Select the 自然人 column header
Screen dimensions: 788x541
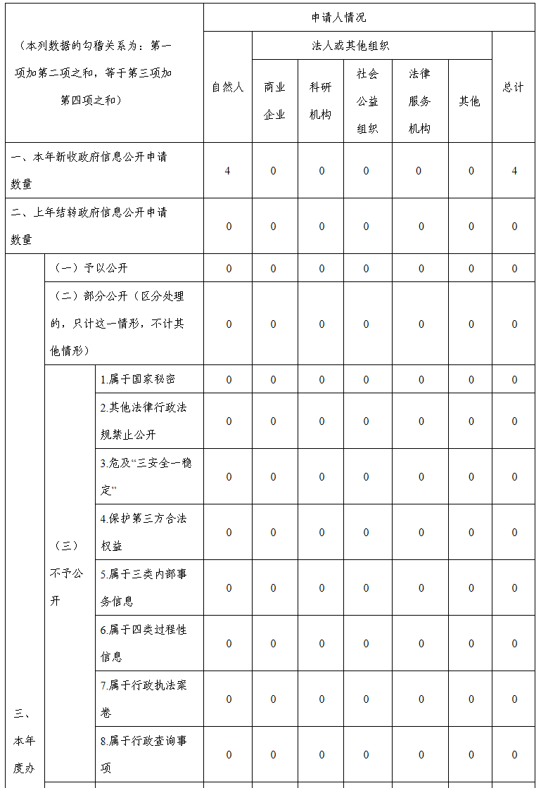coord(228,87)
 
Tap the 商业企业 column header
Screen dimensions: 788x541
coord(274,101)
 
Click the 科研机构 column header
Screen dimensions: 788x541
coord(320,101)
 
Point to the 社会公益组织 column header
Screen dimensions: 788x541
coord(367,101)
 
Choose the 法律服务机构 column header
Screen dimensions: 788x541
coord(419,101)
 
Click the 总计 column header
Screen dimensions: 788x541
coord(513,87)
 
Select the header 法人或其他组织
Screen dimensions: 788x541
coord(350,46)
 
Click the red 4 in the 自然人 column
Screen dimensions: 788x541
coord(227,171)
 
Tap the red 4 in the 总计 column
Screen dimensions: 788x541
coord(514,171)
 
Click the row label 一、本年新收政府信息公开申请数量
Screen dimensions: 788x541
coord(89,170)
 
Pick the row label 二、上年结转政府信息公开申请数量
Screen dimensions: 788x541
coord(89,226)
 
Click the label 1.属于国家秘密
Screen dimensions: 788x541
coord(138,379)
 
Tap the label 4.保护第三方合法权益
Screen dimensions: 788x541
coord(144,532)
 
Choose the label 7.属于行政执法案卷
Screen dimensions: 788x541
coord(144,699)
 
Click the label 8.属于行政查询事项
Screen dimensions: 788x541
coord(144,754)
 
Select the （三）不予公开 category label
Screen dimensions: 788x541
coord(66,573)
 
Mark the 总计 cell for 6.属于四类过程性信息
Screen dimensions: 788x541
coord(514,643)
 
